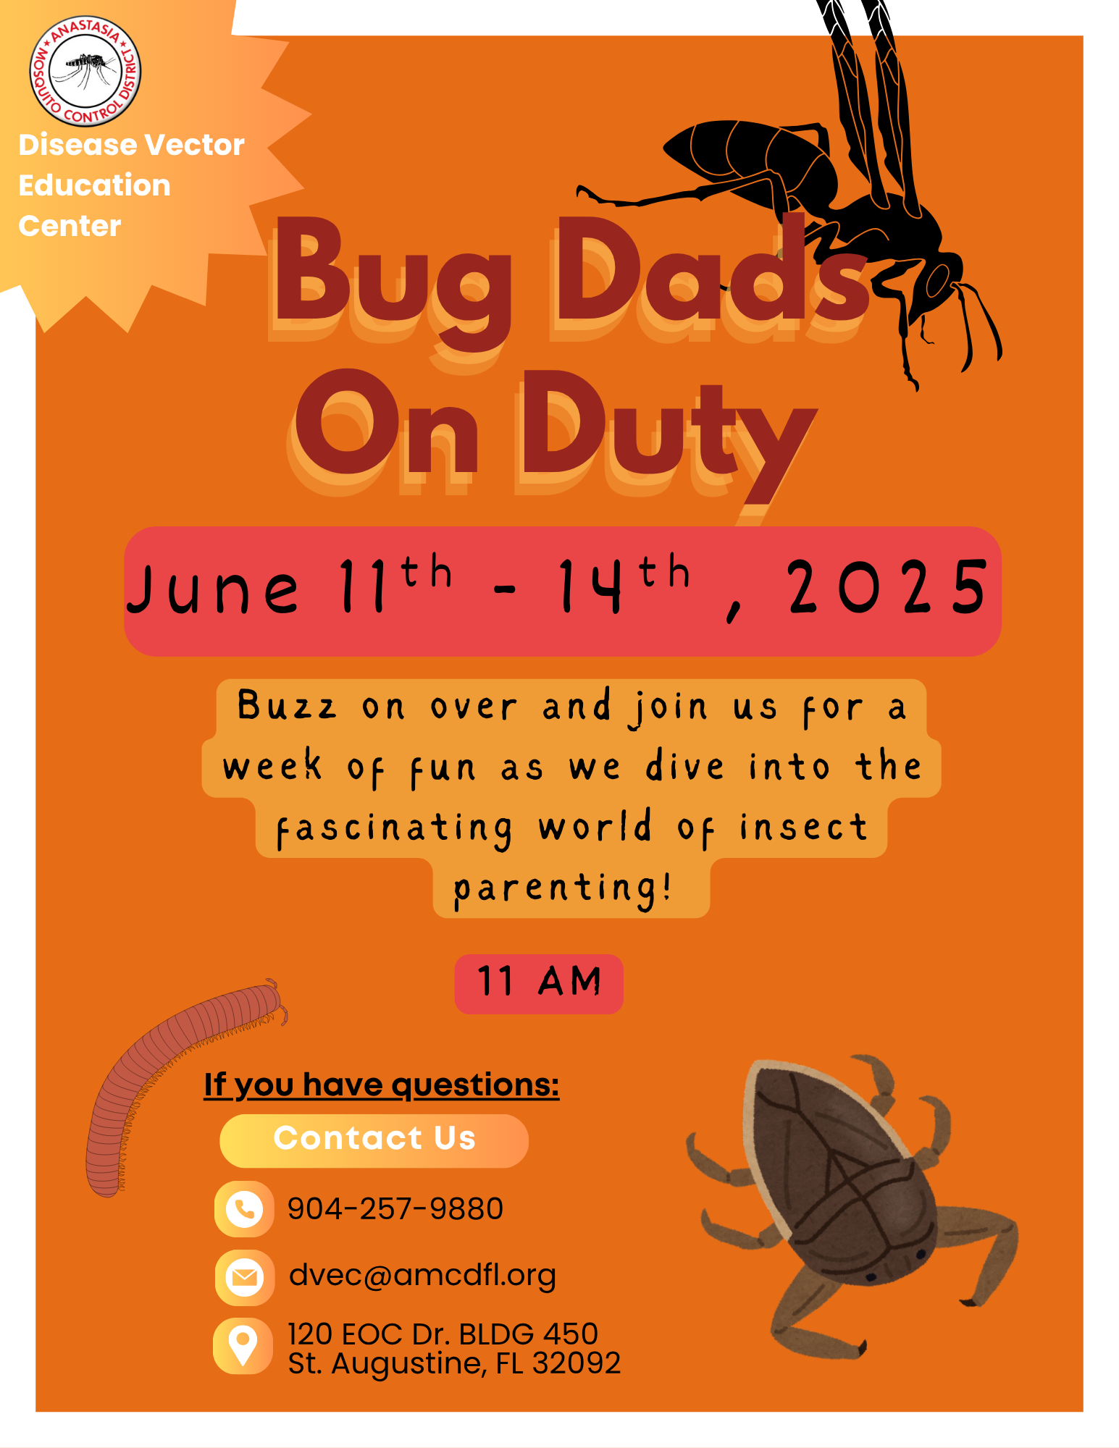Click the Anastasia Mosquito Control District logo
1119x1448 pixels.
[85, 71]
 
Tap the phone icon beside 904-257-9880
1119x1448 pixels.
[244, 1208]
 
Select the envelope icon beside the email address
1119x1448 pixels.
[244, 1277]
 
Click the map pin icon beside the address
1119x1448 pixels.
[243, 1346]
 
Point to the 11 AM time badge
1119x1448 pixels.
[539, 983]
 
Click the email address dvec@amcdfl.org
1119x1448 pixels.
[422, 1276]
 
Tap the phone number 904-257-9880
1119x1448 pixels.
[395, 1208]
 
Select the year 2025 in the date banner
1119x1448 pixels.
[888, 587]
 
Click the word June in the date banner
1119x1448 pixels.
[213, 589]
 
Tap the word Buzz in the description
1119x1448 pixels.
[287, 705]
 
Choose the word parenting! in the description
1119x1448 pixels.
[563, 888]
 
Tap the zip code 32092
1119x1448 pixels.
[577, 1363]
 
